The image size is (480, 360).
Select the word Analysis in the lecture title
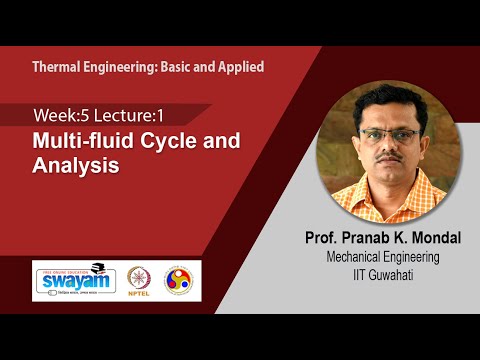[x=75, y=167]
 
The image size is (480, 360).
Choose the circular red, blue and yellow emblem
[x=182, y=279]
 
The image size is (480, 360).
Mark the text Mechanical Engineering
[x=377, y=257]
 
